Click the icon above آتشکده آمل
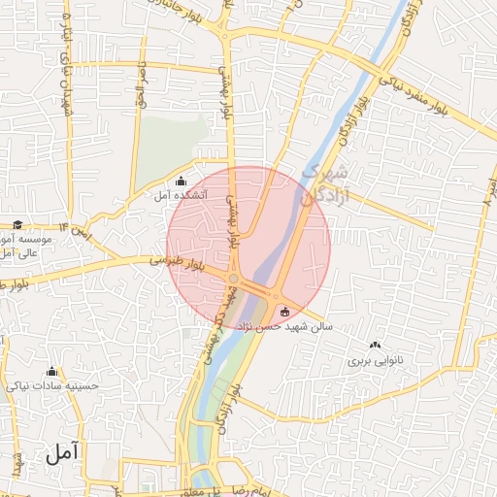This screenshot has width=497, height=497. pos(182,182)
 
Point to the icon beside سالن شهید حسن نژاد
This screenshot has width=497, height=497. pos(284,312)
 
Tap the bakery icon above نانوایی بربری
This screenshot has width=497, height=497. pos(376,345)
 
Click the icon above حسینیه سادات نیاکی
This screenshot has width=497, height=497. pos(51,371)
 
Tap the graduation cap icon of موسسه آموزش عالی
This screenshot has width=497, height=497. pos(17,224)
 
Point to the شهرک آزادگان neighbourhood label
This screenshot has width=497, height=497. pos(324,182)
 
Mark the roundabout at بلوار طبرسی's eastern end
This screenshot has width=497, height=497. pos(234,280)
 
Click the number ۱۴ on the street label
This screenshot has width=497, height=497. pos(65,225)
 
